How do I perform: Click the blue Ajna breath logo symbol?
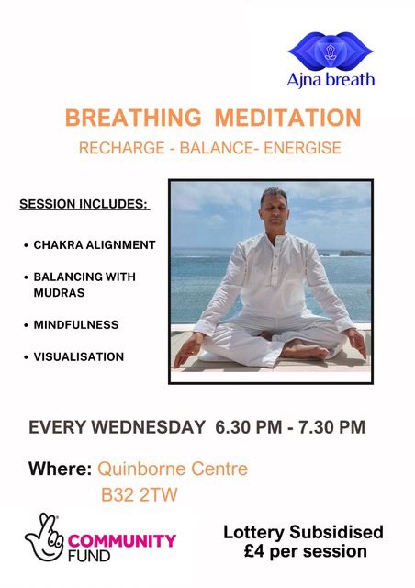coord(331,51)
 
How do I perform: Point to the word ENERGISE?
coord(299,148)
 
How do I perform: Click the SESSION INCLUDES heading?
coord(84,203)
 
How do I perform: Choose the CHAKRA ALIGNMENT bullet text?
coord(95,245)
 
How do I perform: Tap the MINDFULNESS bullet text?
coord(76,325)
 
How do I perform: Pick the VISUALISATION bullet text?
coord(78,356)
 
